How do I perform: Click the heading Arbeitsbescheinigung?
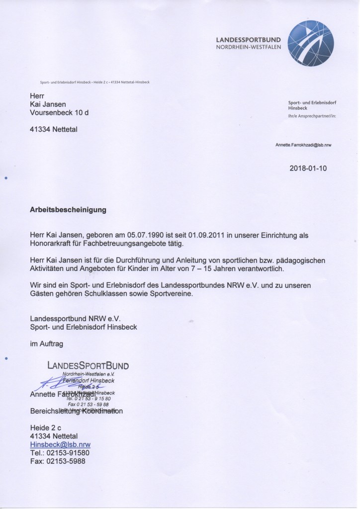coord(68,210)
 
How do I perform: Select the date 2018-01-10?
coord(308,169)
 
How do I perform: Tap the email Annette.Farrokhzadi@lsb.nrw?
coord(303,145)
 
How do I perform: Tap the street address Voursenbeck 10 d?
coord(60,113)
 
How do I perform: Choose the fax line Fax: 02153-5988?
coord(58,461)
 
